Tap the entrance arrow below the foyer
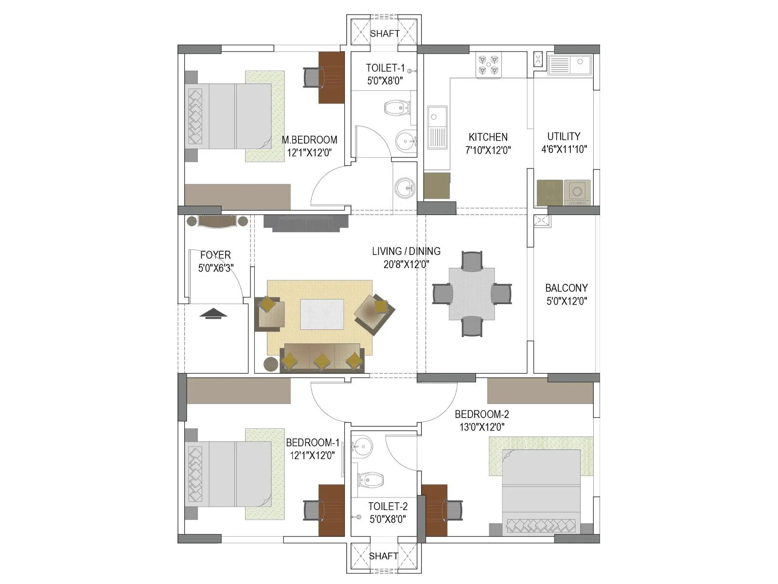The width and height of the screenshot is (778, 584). click(x=213, y=313)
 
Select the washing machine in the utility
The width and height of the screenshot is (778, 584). click(x=577, y=192)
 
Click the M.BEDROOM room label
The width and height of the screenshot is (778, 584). click(x=309, y=140)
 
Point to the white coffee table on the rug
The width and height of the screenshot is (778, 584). click(x=322, y=314)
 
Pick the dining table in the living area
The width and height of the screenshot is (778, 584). click(x=472, y=294)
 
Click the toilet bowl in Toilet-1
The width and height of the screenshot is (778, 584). click(x=397, y=108)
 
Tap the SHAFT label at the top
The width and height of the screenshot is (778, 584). click(x=385, y=34)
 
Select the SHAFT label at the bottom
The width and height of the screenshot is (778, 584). click(x=384, y=556)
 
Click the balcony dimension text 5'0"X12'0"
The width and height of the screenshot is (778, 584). click(x=566, y=301)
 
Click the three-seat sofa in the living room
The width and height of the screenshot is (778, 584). click(x=322, y=359)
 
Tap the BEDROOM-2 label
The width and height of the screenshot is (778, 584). click(x=481, y=414)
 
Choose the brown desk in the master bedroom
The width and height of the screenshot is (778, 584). click(x=331, y=77)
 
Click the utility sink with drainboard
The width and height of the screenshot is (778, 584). click(x=569, y=65)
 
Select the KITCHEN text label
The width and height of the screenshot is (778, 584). click(x=488, y=137)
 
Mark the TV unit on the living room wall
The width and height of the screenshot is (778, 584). click(x=306, y=222)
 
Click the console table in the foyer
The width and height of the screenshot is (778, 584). click(x=217, y=221)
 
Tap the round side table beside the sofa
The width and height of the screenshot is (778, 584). click(x=271, y=364)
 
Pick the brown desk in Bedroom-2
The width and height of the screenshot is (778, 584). click(x=434, y=511)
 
